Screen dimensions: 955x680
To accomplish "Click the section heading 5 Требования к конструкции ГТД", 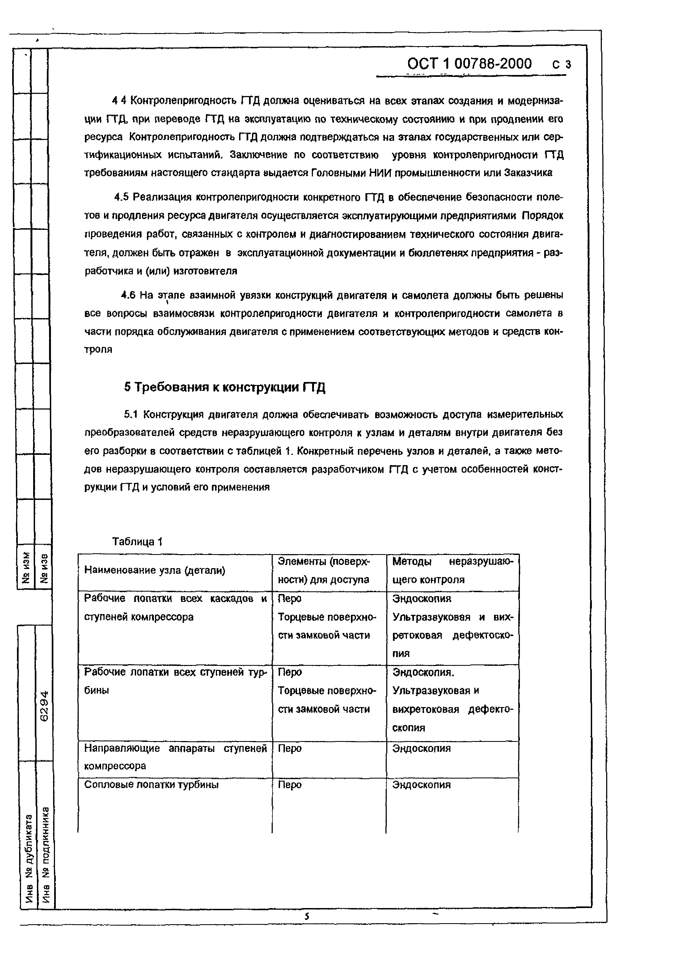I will click(225, 387).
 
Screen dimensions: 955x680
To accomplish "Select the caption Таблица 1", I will click(137, 542).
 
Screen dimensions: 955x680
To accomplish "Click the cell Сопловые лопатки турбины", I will click(151, 785).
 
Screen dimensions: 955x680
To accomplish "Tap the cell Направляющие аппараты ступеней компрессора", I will click(175, 757).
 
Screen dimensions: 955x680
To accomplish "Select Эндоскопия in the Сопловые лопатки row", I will click(421, 785).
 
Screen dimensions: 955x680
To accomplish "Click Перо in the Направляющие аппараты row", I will click(289, 748).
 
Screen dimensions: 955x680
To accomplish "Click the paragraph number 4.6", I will click(128, 295).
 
